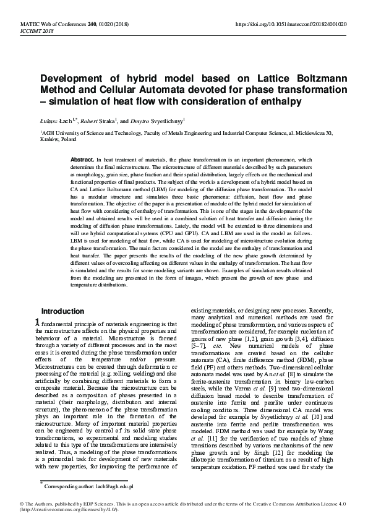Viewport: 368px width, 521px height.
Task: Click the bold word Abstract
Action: point(82,160)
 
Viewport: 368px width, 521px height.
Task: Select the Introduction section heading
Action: point(62,311)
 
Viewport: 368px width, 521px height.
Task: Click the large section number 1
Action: point(38,322)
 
